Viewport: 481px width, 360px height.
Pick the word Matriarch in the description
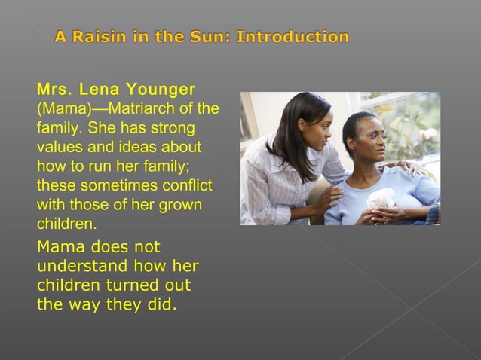point(148,108)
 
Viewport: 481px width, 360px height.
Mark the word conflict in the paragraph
point(185,185)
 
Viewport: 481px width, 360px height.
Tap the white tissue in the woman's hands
point(379,200)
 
